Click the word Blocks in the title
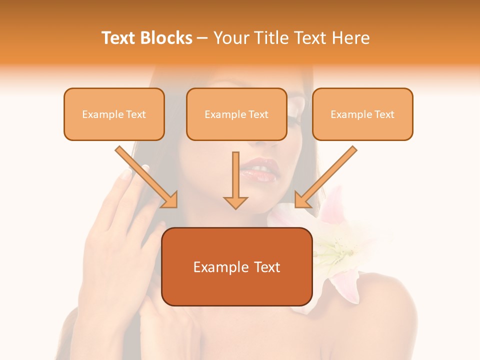(167, 38)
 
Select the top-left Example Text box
(114, 114)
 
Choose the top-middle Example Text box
(236, 114)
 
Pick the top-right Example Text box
(362, 114)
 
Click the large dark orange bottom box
(236, 267)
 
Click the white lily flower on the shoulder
(330, 245)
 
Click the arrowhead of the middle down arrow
(235, 202)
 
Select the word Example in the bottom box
(215, 267)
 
